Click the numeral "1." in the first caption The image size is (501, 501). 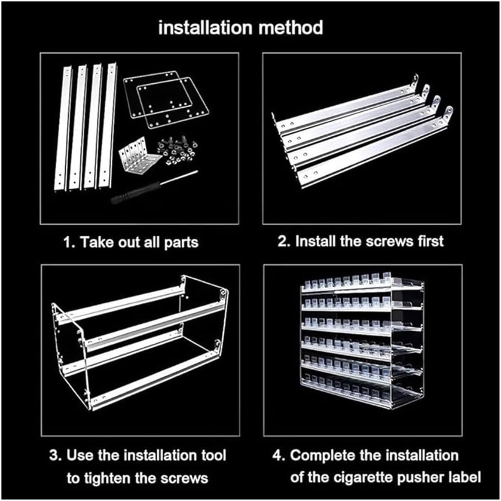(x=70, y=242)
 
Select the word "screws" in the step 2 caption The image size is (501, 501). (x=390, y=241)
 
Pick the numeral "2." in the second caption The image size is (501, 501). (x=284, y=241)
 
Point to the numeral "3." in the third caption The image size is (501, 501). (x=55, y=455)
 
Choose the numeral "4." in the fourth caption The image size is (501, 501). (x=279, y=455)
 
